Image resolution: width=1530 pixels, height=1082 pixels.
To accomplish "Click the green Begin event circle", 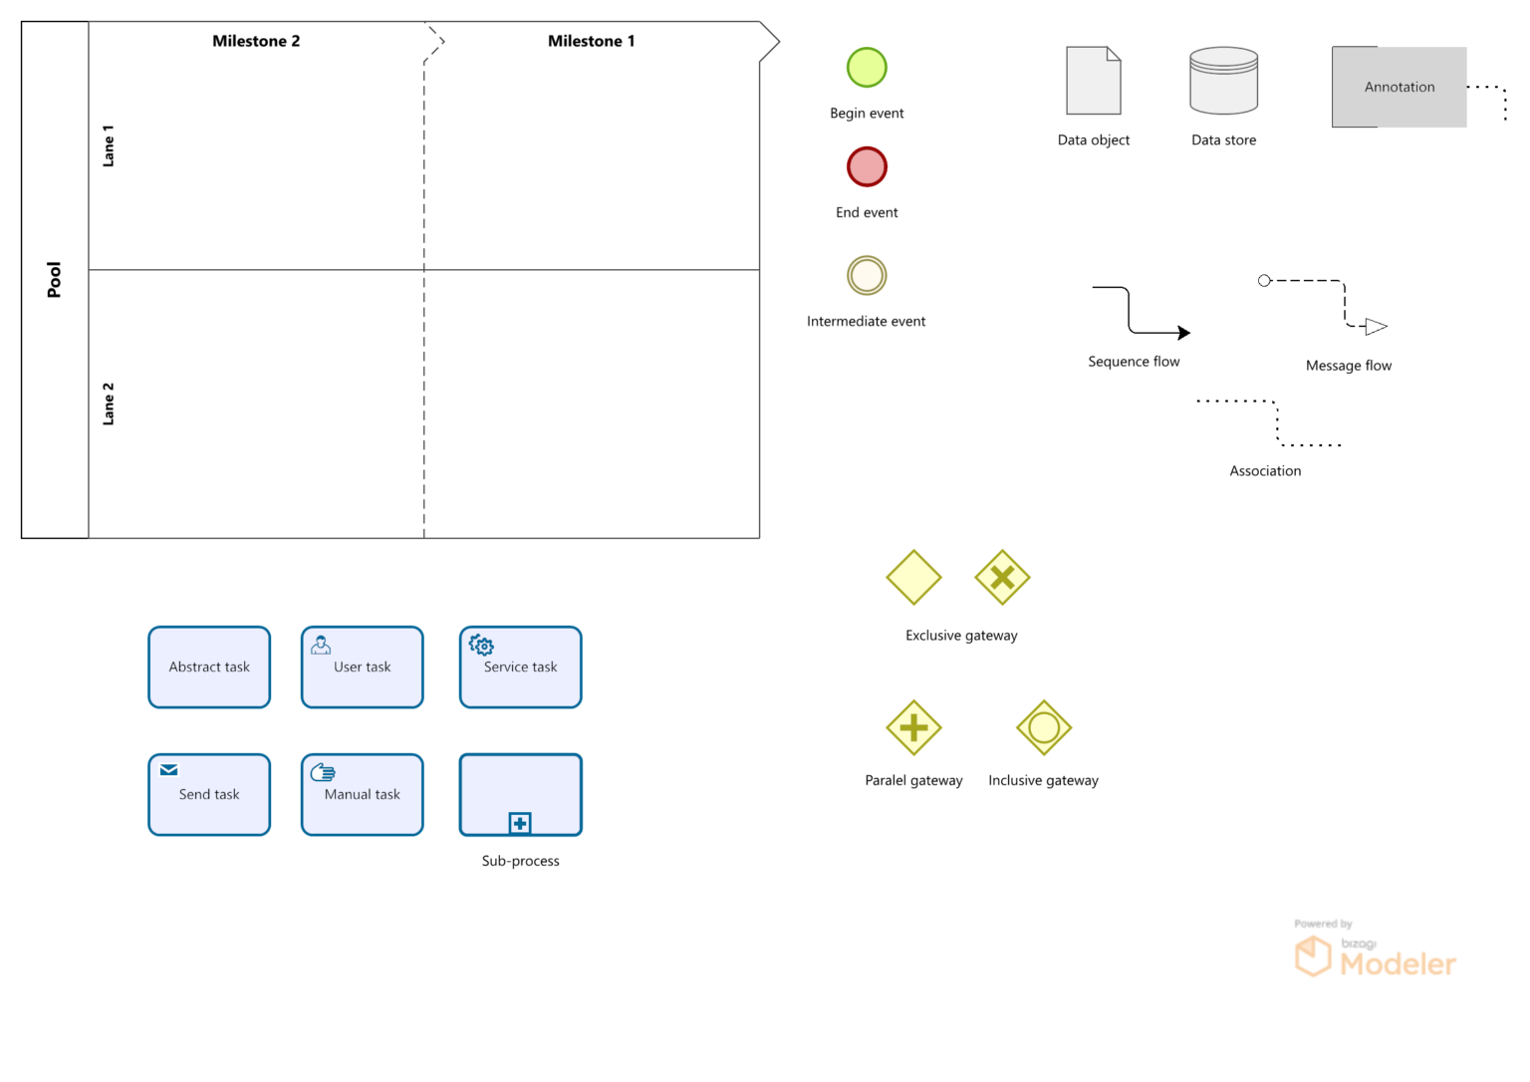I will tap(867, 68).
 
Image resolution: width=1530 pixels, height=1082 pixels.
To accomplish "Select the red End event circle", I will tap(867, 166).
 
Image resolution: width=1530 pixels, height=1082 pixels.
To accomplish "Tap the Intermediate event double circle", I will tap(867, 275).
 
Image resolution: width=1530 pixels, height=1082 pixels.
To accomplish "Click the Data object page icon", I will tap(1094, 81).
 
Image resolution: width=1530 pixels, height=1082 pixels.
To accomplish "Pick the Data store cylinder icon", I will tap(1223, 81).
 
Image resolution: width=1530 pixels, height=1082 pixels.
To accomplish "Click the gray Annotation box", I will tap(1399, 87).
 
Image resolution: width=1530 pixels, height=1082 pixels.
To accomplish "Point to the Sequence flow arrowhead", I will tap(1183, 333).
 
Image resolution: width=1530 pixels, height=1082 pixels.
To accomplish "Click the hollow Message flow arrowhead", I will tap(1377, 326).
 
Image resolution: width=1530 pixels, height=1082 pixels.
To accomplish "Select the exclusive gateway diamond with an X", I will tap(1002, 577).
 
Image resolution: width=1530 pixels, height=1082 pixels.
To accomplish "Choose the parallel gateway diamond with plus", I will tap(913, 727).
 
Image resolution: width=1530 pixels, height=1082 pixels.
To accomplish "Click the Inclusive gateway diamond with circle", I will tap(1043, 727).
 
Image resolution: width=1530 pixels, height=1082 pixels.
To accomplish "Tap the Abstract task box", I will tap(209, 667).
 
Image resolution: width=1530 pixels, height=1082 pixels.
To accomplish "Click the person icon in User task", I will tap(321, 645).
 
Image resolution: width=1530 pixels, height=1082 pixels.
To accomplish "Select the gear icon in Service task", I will tap(482, 645).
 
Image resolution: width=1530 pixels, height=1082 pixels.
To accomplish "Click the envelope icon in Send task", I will tap(169, 770).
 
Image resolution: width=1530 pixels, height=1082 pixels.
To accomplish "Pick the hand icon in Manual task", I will tap(323, 772).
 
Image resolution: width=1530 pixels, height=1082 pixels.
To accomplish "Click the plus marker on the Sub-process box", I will tap(520, 823).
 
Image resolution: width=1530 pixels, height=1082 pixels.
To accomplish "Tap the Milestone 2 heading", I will tap(256, 41).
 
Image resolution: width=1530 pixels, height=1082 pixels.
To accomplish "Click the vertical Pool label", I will tap(54, 280).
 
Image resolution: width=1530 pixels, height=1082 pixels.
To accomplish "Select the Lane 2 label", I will tap(109, 404).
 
